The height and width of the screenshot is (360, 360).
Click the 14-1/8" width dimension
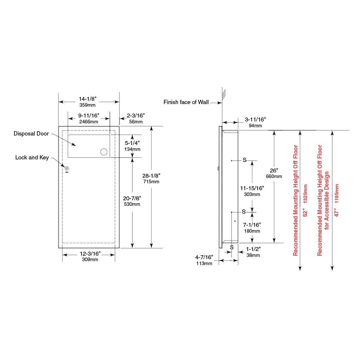coord(87,99)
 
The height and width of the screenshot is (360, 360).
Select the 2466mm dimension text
coord(89,122)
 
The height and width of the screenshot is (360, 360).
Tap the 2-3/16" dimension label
coord(135,116)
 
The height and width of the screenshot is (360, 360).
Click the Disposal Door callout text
coord(31,134)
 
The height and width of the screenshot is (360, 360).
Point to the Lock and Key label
coord(32,157)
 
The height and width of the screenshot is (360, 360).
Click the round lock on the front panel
coord(67,169)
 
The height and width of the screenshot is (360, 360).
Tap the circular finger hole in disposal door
coord(104,152)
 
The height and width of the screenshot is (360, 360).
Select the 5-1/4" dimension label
coord(132,143)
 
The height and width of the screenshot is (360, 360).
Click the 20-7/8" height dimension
coord(132,198)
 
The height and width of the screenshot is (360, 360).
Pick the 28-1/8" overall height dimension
coord(151,176)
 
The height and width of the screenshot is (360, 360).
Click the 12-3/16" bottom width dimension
coord(90,254)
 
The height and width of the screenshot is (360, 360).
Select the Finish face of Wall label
coord(186,102)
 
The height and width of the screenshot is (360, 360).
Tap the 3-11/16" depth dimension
coord(255,120)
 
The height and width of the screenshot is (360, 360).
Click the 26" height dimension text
coord(274,171)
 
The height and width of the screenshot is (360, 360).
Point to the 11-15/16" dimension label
coord(252,188)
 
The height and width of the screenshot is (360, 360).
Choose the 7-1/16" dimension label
coord(252,225)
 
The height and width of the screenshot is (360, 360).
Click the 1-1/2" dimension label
coord(253,249)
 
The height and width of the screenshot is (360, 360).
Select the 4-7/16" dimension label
coord(204,257)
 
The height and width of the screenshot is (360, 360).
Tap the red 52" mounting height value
coord(305,212)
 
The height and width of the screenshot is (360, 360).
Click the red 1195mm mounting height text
coord(337,193)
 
